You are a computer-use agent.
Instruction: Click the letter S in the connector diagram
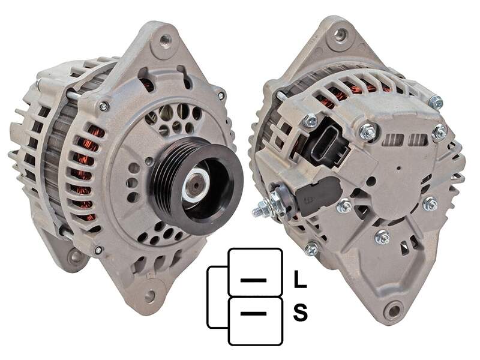pyautogui.click(x=300, y=312)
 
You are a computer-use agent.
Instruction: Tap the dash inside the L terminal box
pyautogui.click(x=253, y=280)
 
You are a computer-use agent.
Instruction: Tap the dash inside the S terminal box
pyautogui.click(x=253, y=313)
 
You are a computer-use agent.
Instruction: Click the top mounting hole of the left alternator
pyautogui.click(x=166, y=40)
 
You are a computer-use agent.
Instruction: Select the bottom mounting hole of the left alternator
pyautogui.click(x=149, y=295)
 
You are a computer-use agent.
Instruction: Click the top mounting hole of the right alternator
pyautogui.click(x=340, y=34)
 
